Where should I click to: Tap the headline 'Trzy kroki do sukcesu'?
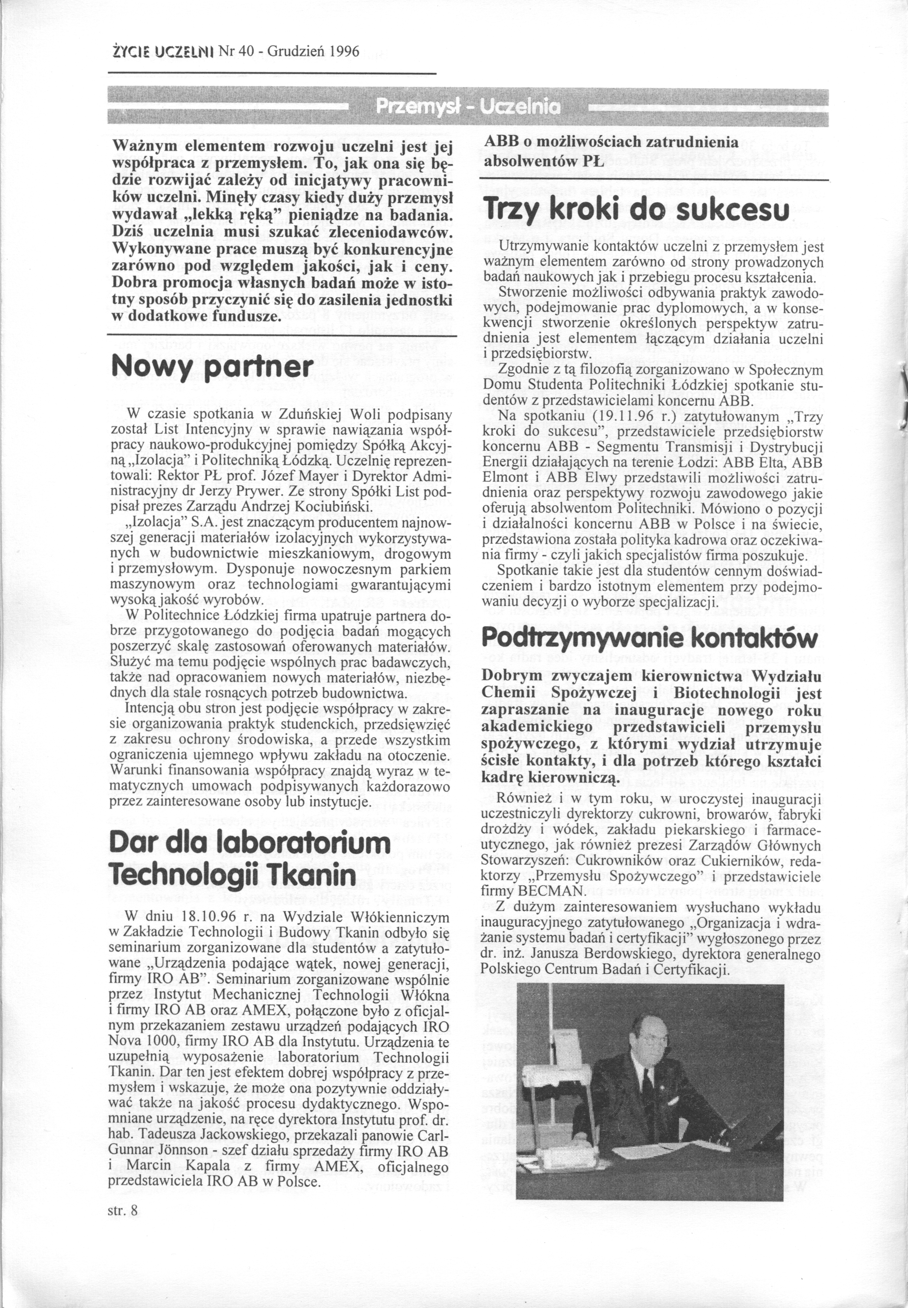click(635, 210)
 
